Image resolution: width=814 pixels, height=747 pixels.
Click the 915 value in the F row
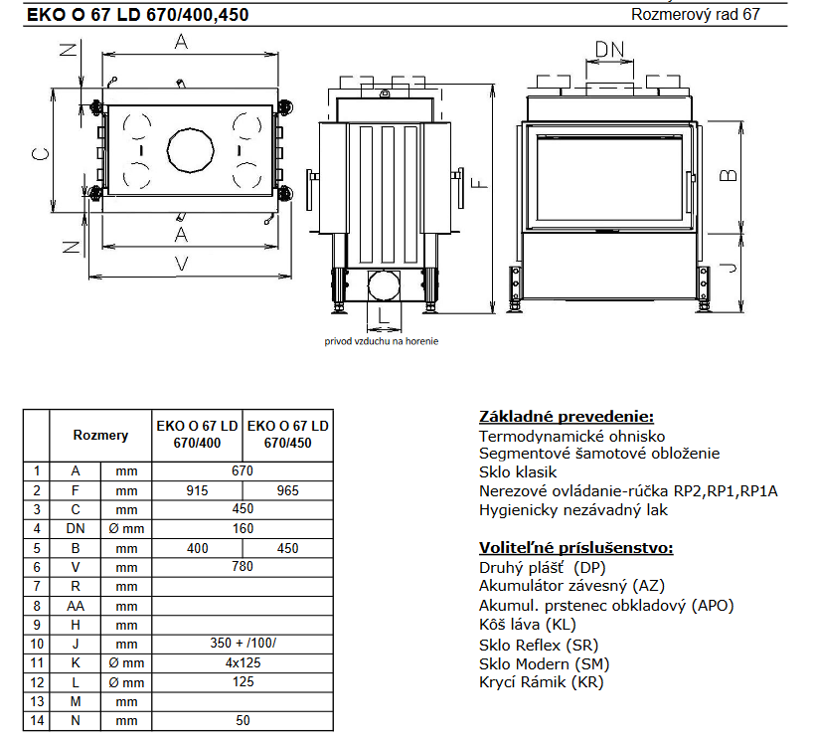tap(197, 490)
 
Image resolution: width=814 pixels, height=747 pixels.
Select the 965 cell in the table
tap(287, 490)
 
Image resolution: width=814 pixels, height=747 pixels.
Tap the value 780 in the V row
tap(243, 567)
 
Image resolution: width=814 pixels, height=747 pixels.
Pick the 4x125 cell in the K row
tap(243, 662)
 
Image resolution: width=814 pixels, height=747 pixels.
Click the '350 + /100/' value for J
tap(243, 643)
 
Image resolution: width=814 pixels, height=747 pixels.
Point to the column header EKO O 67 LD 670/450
tap(287, 434)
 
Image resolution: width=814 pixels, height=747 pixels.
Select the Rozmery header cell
tap(100, 435)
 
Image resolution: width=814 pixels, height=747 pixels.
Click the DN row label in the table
tap(76, 528)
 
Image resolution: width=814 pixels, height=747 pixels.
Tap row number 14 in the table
tap(36, 720)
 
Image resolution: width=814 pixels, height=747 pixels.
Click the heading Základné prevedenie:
tap(567, 416)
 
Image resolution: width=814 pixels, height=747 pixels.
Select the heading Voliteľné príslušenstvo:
tap(575, 548)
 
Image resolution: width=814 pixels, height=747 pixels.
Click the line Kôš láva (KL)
tap(527, 625)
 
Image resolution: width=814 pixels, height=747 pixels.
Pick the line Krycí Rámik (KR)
tap(541, 682)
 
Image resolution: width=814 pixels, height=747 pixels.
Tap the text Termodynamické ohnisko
tap(571, 436)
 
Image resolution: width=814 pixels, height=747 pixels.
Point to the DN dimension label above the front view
tap(609, 51)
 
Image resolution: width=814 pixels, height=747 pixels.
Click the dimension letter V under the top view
tap(180, 263)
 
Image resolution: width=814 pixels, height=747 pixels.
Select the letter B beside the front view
tap(729, 174)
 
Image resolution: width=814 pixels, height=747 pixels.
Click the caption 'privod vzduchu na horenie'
tap(381, 341)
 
